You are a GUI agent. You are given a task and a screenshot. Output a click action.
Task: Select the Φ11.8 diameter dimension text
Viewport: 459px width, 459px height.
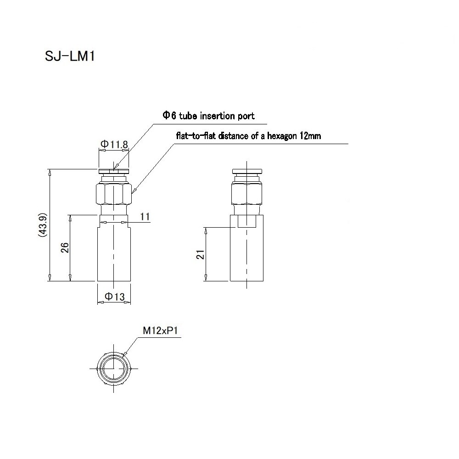[114, 145]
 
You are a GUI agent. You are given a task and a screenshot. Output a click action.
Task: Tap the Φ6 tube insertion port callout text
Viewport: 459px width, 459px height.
[208, 116]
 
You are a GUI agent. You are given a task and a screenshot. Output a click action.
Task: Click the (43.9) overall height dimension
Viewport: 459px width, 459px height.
[42, 225]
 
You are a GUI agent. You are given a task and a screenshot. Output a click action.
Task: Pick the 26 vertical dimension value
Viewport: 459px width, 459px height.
[65, 248]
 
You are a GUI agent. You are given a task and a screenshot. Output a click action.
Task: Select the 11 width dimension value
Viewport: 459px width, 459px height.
[146, 217]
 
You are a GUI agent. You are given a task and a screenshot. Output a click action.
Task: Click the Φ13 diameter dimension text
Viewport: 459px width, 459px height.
[114, 297]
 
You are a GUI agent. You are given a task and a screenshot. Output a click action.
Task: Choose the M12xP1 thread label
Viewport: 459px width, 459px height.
[159, 330]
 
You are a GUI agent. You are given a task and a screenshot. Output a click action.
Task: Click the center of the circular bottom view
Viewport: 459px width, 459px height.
[113, 368]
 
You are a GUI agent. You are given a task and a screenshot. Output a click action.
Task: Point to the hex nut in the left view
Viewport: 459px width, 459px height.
[113, 194]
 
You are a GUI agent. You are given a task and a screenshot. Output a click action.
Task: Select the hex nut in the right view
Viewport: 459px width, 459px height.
[247, 194]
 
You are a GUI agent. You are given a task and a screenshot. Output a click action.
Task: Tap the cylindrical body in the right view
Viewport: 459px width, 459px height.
[247, 255]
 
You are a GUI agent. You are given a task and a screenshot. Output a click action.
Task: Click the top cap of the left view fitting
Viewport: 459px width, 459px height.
[113, 172]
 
